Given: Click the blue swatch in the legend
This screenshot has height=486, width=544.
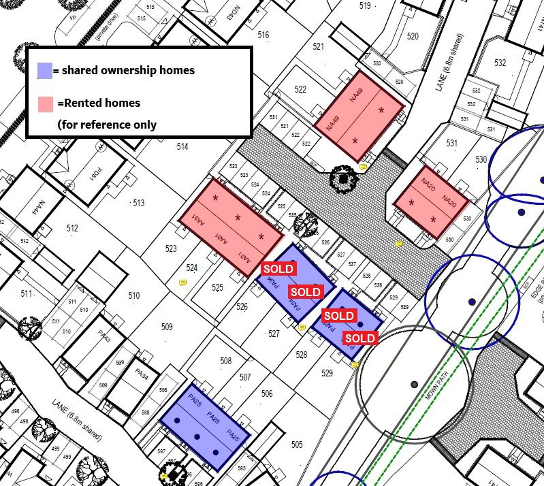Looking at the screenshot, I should [44, 71].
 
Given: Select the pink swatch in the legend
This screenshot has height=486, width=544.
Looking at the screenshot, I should [45, 104].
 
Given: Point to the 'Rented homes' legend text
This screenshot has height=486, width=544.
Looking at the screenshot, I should [99, 103].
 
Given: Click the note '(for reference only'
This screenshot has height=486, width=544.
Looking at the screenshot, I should [107, 125].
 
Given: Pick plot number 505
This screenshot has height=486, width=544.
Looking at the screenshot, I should [296, 444].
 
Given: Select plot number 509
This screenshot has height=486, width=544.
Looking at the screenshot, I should [167, 327].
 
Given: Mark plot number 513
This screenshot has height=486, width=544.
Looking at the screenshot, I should [139, 203].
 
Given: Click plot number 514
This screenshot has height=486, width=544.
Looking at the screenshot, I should [182, 147].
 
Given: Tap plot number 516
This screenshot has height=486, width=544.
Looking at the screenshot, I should [263, 35].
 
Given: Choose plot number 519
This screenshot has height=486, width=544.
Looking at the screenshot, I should [365, 6].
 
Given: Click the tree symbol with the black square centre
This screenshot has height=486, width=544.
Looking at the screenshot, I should [344, 179].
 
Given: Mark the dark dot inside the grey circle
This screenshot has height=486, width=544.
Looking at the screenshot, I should [414, 384].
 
